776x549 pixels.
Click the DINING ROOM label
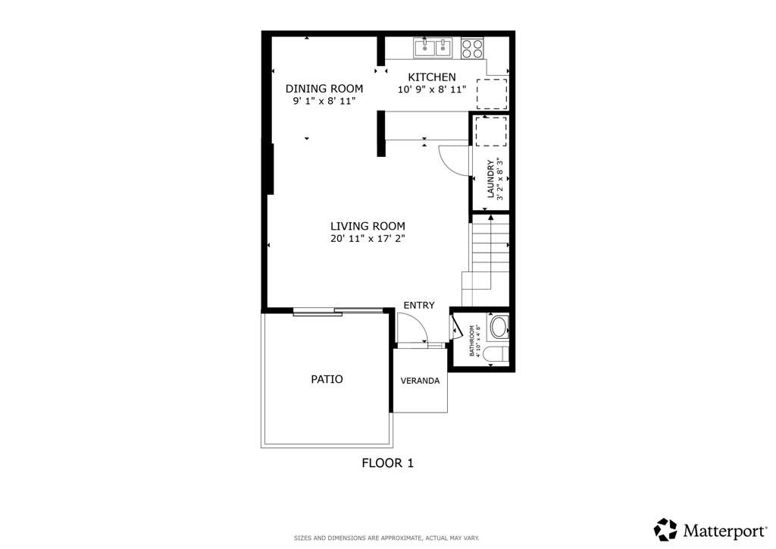click(324, 89)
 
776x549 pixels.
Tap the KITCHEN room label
click(432, 77)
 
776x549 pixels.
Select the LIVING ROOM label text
click(368, 226)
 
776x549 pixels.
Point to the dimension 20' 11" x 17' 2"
click(368, 239)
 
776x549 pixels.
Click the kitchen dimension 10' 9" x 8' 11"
click(432, 89)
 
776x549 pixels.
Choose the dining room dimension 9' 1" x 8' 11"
click(324, 101)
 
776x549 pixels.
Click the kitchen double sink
click(433, 48)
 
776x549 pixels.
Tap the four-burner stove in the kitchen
click(472, 48)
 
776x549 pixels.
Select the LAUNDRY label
click(491, 179)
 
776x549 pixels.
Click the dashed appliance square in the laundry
click(490, 131)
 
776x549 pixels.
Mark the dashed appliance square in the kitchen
click(491, 93)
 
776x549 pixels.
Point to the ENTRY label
click(419, 306)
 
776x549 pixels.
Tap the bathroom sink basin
click(499, 328)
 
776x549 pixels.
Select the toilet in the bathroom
click(496, 353)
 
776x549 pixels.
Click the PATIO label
click(327, 379)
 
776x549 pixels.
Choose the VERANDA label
click(420, 381)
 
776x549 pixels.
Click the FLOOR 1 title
click(387, 463)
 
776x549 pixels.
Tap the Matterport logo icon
click(665, 529)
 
